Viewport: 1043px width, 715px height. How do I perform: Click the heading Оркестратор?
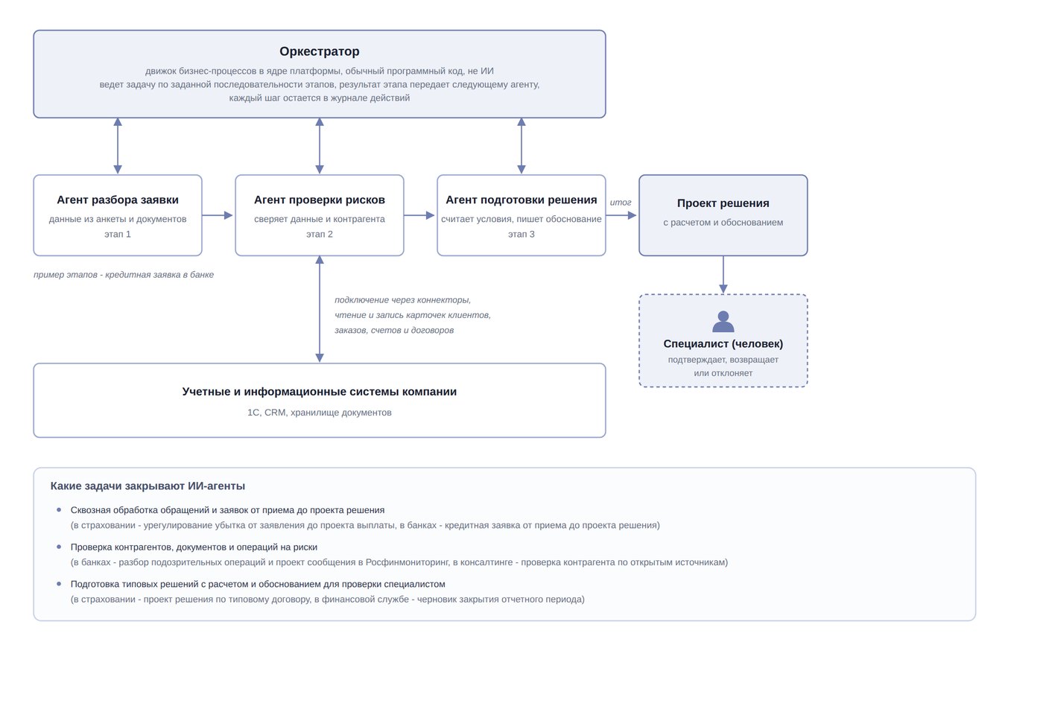coord(320,51)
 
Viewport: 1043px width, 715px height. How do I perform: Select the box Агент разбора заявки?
coord(118,215)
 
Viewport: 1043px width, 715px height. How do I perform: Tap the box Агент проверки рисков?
coord(320,215)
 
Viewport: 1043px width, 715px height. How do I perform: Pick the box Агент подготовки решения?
coord(521,215)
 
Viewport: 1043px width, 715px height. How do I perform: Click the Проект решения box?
coord(723,215)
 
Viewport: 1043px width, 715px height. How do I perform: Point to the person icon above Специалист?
coord(723,322)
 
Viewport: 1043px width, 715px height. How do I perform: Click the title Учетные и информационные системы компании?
coord(320,392)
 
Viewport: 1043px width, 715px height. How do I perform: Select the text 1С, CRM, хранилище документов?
coord(320,413)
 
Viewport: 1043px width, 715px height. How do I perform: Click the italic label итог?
coord(621,202)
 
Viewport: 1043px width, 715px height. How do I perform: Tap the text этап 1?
coord(118,234)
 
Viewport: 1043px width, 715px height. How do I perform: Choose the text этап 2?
coord(320,234)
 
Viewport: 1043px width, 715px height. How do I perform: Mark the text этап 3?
coord(521,234)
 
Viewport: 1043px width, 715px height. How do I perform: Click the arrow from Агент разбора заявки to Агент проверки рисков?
coord(218,215)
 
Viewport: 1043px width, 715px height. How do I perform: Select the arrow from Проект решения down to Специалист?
coord(723,275)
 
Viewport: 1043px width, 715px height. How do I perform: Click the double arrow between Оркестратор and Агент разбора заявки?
coord(118,146)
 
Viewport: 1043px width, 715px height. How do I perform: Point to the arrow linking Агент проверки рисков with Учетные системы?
coord(320,309)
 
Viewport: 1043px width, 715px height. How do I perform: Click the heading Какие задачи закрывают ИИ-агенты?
coord(148,486)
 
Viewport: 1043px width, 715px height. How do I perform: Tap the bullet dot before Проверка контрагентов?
coord(59,547)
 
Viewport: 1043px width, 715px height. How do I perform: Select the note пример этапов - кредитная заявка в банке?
coord(124,275)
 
